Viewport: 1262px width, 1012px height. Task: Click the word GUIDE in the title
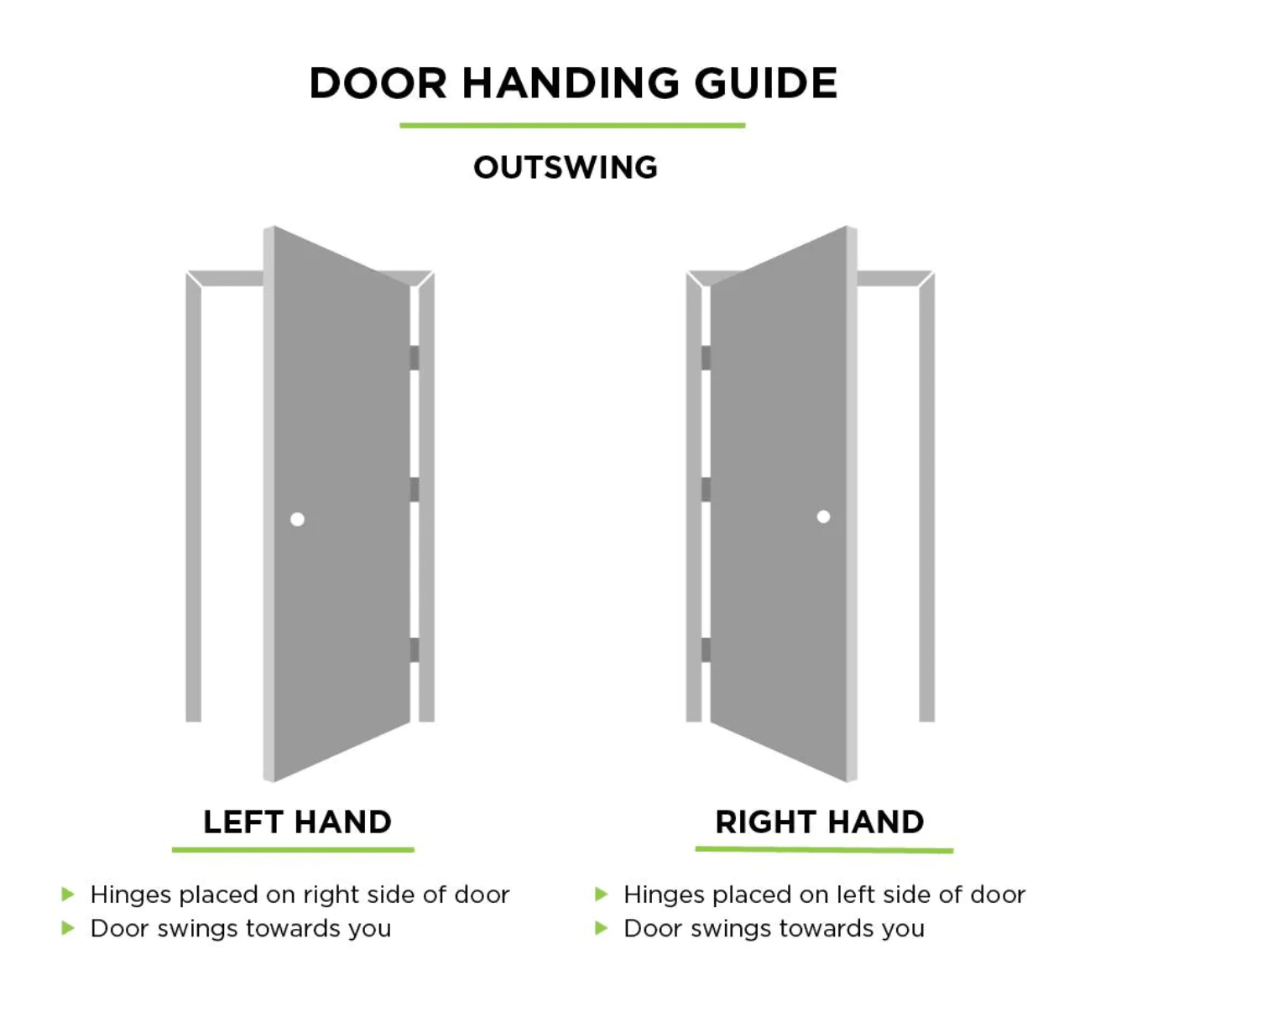coord(766,83)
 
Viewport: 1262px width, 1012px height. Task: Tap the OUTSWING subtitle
coord(566,167)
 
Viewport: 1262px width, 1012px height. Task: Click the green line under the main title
coord(572,125)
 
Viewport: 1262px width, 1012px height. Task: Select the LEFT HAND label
coord(297,822)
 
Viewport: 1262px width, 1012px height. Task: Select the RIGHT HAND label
coord(820,822)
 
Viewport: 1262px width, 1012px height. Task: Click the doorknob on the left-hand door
coord(297,519)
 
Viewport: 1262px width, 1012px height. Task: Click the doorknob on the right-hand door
coord(823,517)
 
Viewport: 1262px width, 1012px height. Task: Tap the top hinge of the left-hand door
coord(414,357)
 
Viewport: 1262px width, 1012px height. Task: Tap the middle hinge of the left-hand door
coord(414,489)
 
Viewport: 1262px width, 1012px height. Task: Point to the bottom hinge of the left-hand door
coord(414,649)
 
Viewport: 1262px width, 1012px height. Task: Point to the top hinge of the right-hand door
coord(706,357)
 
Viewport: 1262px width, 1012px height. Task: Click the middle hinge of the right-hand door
coord(706,489)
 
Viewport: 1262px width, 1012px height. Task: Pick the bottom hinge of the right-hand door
coord(706,649)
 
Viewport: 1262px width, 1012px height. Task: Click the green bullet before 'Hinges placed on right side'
coord(68,894)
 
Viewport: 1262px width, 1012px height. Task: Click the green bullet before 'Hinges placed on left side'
coord(601,894)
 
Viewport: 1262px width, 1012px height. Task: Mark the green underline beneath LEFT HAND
coord(293,849)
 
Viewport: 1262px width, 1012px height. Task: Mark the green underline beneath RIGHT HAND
coord(825,849)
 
